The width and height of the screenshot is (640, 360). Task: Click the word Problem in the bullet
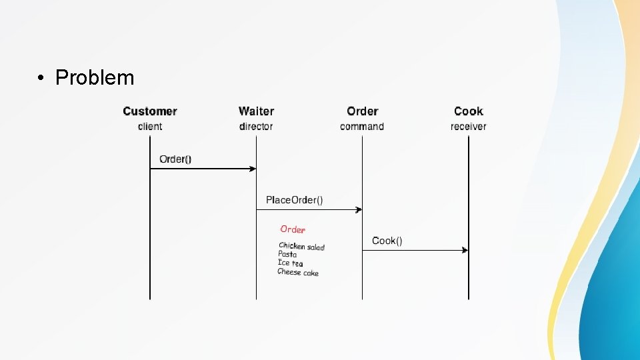pyautogui.click(x=95, y=78)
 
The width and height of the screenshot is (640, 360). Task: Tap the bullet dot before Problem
pyautogui.click(x=41, y=79)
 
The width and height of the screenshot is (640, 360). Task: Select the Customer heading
pyautogui.click(x=150, y=111)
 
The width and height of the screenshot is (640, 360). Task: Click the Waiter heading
pyautogui.click(x=256, y=111)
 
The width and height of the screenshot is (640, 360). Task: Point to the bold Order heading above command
pyautogui.click(x=362, y=111)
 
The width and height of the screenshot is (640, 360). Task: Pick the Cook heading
pyautogui.click(x=468, y=111)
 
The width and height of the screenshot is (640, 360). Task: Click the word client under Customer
pyautogui.click(x=150, y=127)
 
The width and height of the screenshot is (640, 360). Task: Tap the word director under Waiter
pyautogui.click(x=256, y=127)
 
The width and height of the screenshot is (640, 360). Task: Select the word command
pyautogui.click(x=362, y=127)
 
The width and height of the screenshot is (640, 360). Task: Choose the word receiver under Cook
pyautogui.click(x=468, y=127)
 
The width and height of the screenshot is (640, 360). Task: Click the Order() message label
pyautogui.click(x=175, y=159)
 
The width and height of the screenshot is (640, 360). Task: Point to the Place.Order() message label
pyautogui.click(x=294, y=200)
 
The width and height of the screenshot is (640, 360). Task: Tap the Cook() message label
pyautogui.click(x=387, y=241)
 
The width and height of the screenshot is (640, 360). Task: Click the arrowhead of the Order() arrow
pyautogui.click(x=253, y=169)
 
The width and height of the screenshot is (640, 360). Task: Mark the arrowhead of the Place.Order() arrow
pyautogui.click(x=359, y=209)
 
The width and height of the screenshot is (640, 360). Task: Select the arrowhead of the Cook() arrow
pyautogui.click(x=465, y=250)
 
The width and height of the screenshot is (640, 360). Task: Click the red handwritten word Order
pyautogui.click(x=293, y=229)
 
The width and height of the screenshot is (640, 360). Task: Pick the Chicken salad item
pyautogui.click(x=301, y=247)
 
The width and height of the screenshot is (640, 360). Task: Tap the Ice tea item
pyautogui.click(x=290, y=263)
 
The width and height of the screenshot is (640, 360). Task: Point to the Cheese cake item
pyautogui.click(x=298, y=272)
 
